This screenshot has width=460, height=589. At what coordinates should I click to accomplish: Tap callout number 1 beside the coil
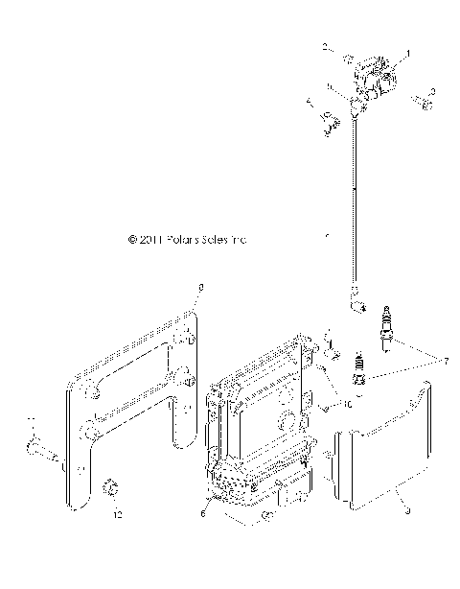coord(408,55)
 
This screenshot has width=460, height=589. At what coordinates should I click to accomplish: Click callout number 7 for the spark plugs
coord(444,363)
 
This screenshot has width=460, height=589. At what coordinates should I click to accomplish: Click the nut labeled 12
coord(111,490)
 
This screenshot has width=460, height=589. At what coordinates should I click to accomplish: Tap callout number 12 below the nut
coord(119,516)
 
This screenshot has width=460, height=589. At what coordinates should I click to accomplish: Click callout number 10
coord(347,406)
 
